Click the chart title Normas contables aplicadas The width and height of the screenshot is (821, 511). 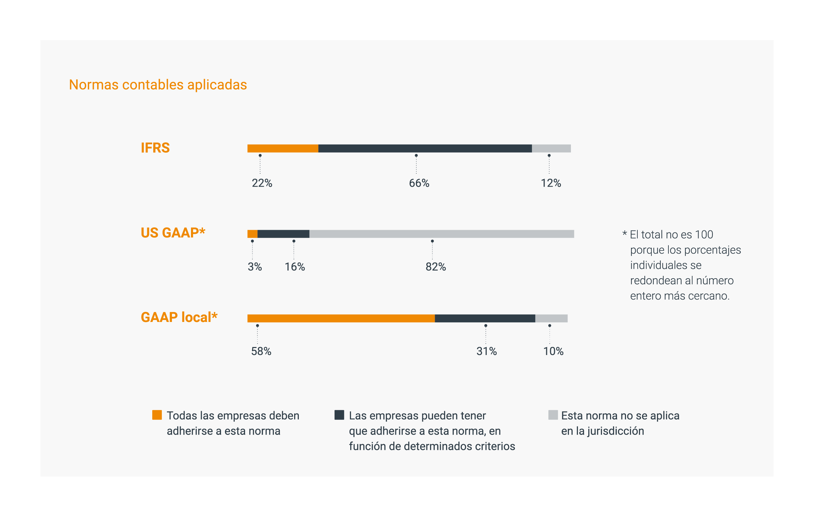pyautogui.click(x=158, y=85)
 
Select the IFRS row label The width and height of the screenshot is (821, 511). pyautogui.click(x=155, y=148)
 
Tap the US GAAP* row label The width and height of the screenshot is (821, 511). pyautogui.click(x=173, y=233)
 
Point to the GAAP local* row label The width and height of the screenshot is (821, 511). pyautogui.click(x=179, y=317)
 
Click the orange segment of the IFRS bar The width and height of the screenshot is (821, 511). pyautogui.click(x=282, y=148)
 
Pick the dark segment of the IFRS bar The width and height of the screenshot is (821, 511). pyautogui.click(x=425, y=148)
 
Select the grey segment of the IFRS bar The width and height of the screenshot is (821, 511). pyautogui.click(x=551, y=148)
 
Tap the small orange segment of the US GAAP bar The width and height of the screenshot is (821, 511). pyautogui.click(x=252, y=234)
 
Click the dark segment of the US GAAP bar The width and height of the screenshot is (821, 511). pyautogui.click(x=283, y=234)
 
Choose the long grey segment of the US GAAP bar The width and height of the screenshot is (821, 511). pyautogui.click(x=441, y=234)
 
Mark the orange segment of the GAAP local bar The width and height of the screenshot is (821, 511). pyautogui.click(x=341, y=318)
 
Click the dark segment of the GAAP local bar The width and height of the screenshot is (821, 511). pyautogui.click(x=485, y=318)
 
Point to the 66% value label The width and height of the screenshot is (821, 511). pyautogui.click(x=419, y=183)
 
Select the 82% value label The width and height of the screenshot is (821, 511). pyautogui.click(x=435, y=267)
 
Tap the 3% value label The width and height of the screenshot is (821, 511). pyautogui.click(x=255, y=267)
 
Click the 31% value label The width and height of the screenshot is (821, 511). pyautogui.click(x=486, y=351)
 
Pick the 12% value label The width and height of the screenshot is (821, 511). pyautogui.click(x=551, y=183)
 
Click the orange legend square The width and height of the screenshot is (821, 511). pyautogui.click(x=157, y=415)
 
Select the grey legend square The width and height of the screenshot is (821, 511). pyautogui.click(x=553, y=415)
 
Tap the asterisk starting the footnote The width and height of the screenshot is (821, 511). pyautogui.click(x=625, y=233)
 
